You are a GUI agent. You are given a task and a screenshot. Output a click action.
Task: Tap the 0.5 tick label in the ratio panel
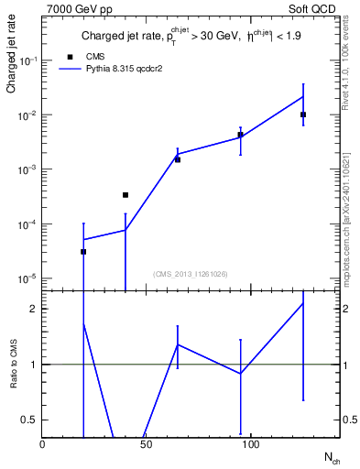(x=30, y=420)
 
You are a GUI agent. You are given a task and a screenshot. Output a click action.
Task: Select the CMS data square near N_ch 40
(x=125, y=194)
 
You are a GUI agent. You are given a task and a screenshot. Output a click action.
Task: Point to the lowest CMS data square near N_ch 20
(x=83, y=251)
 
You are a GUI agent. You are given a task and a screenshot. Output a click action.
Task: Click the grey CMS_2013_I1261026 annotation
(x=190, y=274)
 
